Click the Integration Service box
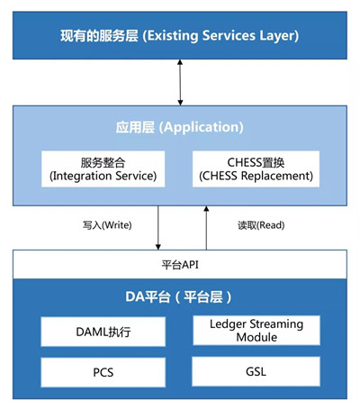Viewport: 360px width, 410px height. (x=105, y=169)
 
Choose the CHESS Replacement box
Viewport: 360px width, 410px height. (x=256, y=169)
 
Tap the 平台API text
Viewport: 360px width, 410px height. (x=179, y=265)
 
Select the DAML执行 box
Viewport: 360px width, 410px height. (x=103, y=331)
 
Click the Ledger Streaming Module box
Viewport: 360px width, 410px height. (x=256, y=331)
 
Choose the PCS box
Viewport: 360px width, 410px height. (x=103, y=371)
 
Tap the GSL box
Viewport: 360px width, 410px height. (x=256, y=371)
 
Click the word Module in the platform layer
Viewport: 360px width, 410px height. (x=256, y=338)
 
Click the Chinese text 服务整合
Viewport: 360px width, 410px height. (x=105, y=162)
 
